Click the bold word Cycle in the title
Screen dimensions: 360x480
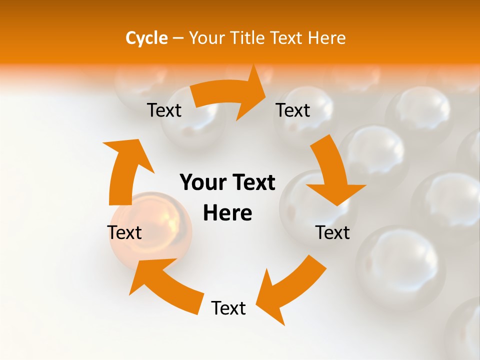(x=146, y=38)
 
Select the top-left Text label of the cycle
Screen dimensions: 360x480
(x=164, y=110)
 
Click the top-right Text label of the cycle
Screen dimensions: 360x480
(x=293, y=110)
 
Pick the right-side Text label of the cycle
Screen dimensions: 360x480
(x=332, y=232)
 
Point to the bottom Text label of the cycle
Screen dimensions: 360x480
(x=228, y=308)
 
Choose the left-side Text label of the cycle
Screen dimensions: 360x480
(x=124, y=232)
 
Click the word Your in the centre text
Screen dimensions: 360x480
(x=202, y=183)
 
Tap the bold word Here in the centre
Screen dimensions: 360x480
(x=227, y=213)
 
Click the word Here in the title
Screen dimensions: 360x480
(x=327, y=38)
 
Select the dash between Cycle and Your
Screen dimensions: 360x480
(x=178, y=38)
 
